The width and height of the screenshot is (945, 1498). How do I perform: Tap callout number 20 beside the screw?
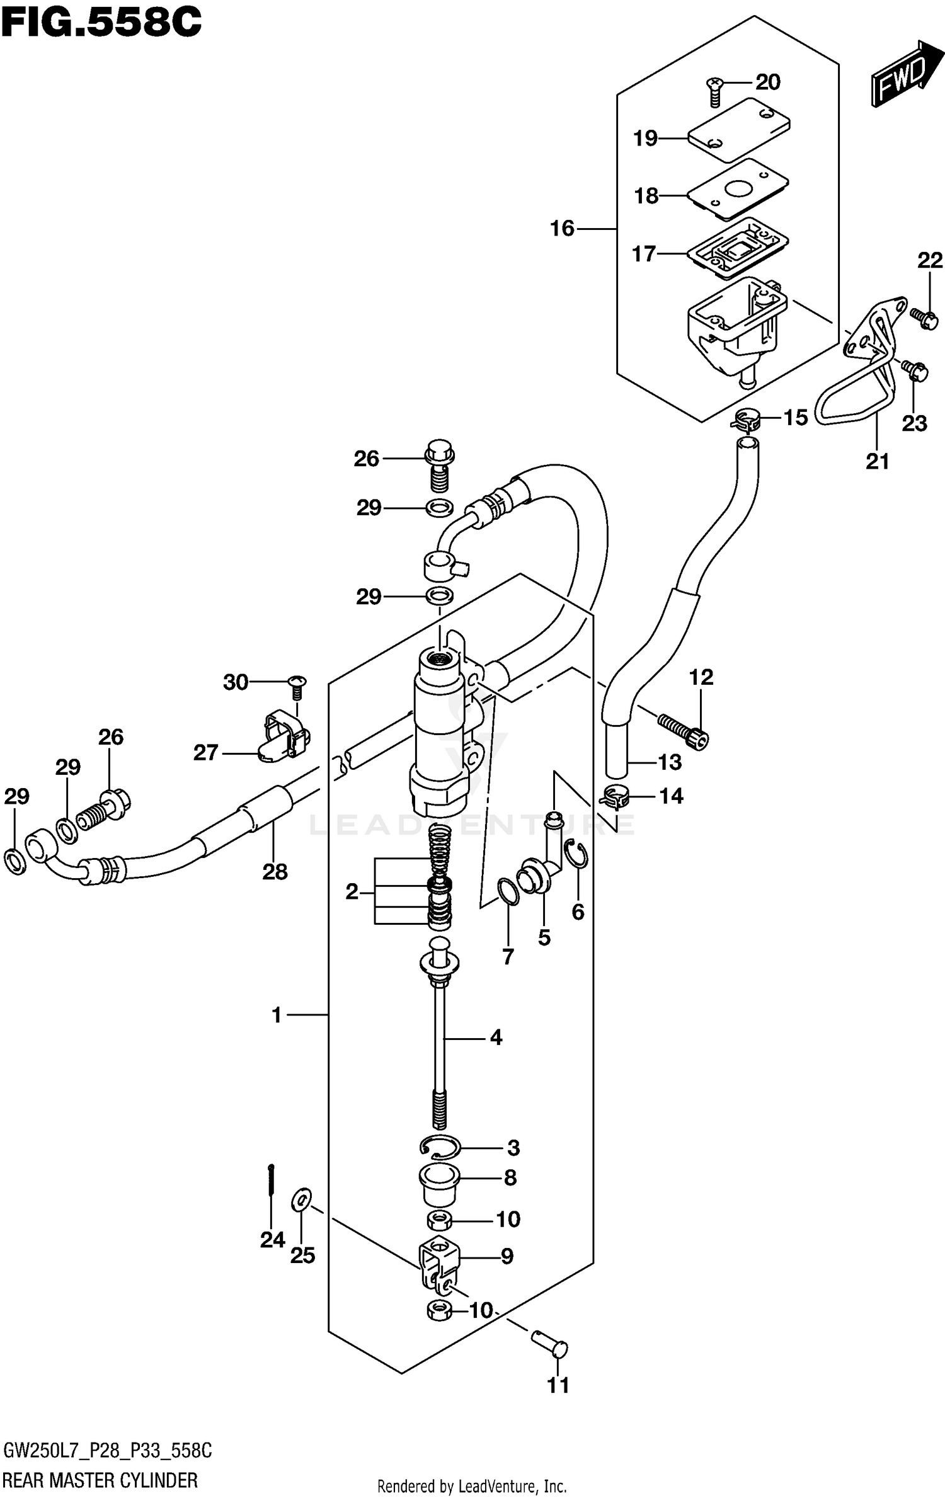[767, 82]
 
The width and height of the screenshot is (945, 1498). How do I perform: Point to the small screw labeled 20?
[715, 91]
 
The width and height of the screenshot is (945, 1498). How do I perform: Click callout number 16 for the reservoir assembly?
[562, 228]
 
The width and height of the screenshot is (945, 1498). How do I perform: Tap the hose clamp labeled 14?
[615, 797]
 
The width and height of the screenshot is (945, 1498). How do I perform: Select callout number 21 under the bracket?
[877, 462]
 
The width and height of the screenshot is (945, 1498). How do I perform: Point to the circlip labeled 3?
[440, 1148]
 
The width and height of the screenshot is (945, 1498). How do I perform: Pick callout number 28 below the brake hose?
[275, 872]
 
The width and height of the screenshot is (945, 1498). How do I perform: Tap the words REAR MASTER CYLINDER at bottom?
[101, 1479]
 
